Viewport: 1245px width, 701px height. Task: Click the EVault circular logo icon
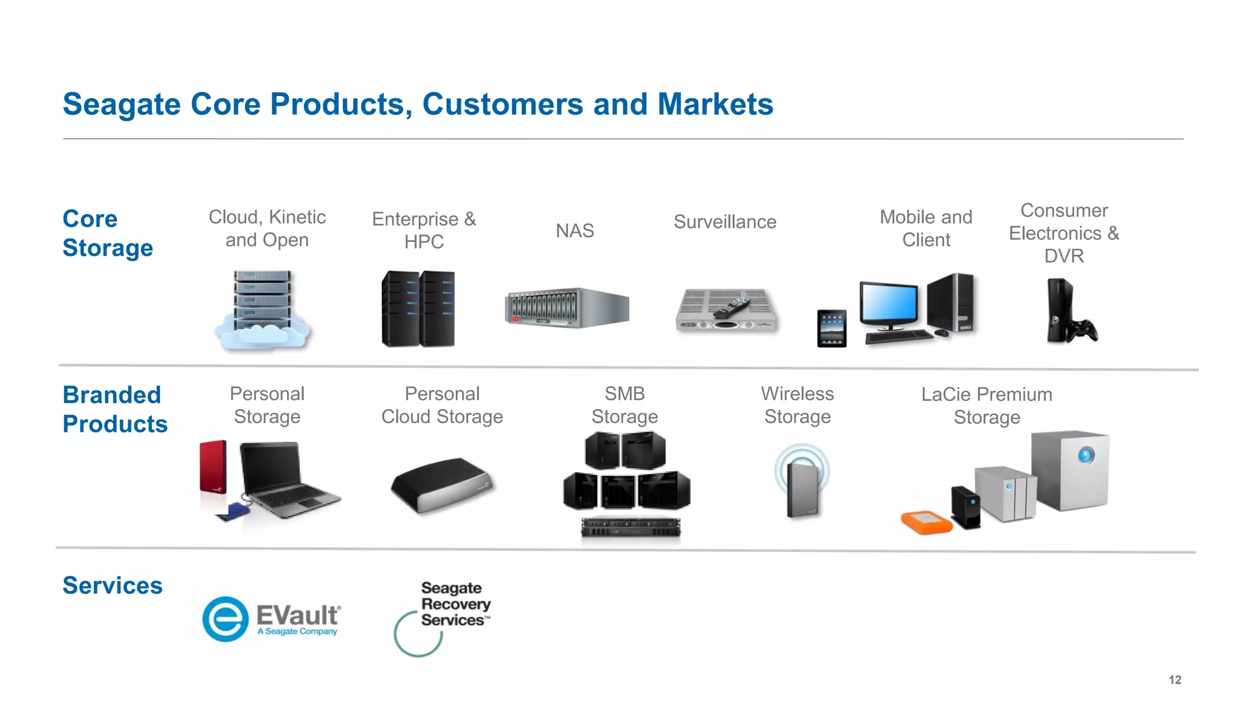click(226, 619)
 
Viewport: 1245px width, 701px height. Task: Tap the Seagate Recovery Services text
click(455, 604)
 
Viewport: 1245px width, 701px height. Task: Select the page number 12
click(1174, 680)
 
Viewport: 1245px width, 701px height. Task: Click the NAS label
click(574, 231)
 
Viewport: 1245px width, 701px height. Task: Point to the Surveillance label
click(725, 222)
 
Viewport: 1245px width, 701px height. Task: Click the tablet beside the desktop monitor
click(832, 328)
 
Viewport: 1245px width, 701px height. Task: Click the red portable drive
click(213, 466)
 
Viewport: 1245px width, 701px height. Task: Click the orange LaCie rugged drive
click(926, 522)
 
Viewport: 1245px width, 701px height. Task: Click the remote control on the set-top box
click(731, 308)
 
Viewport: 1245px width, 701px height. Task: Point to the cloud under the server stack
click(261, 337)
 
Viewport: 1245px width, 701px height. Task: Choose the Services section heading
click(112, 585)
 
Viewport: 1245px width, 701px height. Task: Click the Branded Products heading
click(114, 409)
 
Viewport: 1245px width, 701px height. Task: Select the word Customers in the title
click(502, 104)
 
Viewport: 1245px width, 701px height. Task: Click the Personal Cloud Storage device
click(442, 485)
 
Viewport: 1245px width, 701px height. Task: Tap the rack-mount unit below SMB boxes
click(630, 527)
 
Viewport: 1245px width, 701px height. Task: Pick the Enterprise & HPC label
click(424, 230)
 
